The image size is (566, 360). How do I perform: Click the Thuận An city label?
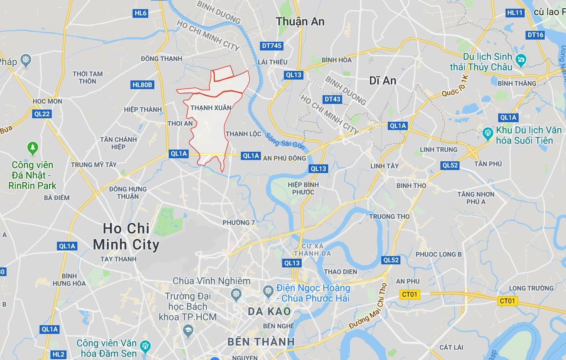coord(300,21)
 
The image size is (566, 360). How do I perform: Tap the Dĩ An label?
coord(383,80)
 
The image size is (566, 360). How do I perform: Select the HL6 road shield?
coord(140,13)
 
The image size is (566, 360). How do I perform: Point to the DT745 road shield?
coord(272,45)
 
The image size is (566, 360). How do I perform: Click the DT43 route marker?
coord(332,99)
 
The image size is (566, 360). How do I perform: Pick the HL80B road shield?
coord(142,85)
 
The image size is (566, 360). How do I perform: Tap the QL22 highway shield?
coord(42,114)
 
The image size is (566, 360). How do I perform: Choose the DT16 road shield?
coord(535,35)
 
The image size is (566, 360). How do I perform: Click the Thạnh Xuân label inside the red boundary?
coord(211,107)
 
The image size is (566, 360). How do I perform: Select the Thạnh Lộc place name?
coord(243,134)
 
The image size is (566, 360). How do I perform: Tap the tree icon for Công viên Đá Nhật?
coord(33,148)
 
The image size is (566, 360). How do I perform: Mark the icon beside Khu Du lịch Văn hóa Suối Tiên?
coord(488,132)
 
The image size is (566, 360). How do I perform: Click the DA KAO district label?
coord(269,311)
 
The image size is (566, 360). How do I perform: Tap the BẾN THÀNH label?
coord(261,342)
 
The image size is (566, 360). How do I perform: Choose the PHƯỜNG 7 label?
coord(239,223)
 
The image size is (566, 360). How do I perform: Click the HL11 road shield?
coord(515,13)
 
